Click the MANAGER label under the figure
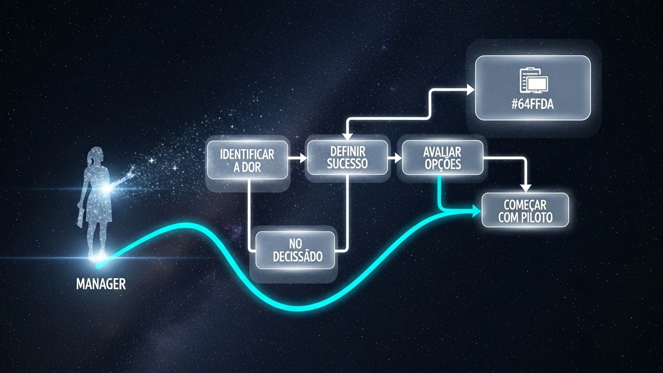(101, 284)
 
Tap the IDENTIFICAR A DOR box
(247, 160)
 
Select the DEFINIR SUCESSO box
(347, 157)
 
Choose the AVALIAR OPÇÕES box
(443, 157)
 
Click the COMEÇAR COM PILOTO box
(525, 210)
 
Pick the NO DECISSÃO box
(295, 250)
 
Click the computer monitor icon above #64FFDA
(536, 85)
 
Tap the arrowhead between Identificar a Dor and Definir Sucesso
(303, 158)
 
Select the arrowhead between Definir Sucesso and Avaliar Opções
(398, 158)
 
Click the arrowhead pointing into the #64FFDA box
(471, 90)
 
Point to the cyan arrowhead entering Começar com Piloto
(477, 211)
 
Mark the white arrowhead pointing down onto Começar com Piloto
(526, 189)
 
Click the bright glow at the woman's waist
(108, 189)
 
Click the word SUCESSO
(347, 163)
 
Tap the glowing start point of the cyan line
(98, 266)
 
